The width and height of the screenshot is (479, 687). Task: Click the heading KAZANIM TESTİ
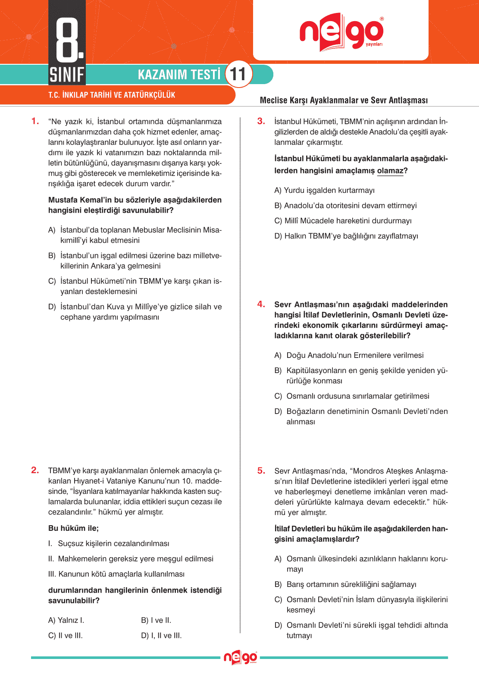179,75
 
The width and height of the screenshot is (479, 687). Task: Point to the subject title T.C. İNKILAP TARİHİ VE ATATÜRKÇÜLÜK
112,95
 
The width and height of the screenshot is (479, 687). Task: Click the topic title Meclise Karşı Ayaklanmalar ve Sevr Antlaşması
344,100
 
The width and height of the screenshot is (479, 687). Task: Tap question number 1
35,121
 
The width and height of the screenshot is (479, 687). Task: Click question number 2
35,470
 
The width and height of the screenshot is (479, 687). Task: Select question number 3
261,121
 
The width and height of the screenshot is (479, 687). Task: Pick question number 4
261,304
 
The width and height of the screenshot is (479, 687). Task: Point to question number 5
261,471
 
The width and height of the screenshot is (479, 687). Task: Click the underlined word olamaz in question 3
390,171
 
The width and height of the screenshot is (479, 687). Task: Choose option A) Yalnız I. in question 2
66,620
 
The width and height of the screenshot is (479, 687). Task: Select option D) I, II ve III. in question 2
162,635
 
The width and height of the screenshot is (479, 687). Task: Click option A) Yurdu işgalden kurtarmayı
324,190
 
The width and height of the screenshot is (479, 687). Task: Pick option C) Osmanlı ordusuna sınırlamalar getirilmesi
352,396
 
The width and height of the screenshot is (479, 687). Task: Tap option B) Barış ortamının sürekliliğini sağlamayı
345,584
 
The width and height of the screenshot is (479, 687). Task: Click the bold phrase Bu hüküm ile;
73,528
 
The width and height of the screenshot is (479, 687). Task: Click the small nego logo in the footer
240,658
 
